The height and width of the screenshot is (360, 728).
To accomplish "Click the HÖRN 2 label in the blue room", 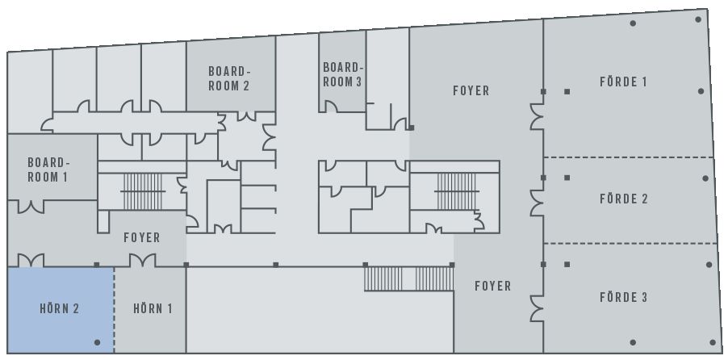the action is click(x=59, y=308).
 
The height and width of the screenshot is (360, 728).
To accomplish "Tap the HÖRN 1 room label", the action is click(x=153, y=308).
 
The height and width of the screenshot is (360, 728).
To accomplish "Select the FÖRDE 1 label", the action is click(x=623, y=82).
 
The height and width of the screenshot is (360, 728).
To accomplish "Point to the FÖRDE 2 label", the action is click(x=624, y=199).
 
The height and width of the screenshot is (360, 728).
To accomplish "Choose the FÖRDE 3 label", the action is click(x=624, y=297).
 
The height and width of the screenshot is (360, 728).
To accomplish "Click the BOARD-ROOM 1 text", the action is click(x=48, y=170).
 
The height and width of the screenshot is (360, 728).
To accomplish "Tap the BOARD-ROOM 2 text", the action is click(x=229, y=78).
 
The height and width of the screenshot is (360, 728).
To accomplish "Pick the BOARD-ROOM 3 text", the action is click(x=342, y=74).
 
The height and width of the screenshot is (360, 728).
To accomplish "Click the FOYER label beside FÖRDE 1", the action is click(x=471, y=90).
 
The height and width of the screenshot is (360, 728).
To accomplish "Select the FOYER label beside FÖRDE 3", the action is click(x=493, y=286).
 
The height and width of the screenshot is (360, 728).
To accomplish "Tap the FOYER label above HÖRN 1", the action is click(x=142, y=238).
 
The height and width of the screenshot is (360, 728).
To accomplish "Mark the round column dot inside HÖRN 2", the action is click(x=97, y=342).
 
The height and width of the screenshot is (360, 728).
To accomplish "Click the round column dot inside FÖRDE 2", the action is click(x=705, y=178).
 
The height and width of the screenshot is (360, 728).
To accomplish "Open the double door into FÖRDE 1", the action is click(x=538, y=116).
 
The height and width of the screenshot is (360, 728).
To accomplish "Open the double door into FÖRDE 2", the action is click(x=538, y=203).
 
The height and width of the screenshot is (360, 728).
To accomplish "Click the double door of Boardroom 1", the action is click(x=31, y=207).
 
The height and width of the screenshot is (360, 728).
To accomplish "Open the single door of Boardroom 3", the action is click(x=330, y=107).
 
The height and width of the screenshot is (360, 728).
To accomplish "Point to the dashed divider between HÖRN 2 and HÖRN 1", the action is click(x=115, y=310).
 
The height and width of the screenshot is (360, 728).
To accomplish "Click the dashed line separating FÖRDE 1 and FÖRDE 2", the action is click(x=629, y=157).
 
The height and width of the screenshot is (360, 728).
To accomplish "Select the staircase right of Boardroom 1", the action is click(x=143, y=191).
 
